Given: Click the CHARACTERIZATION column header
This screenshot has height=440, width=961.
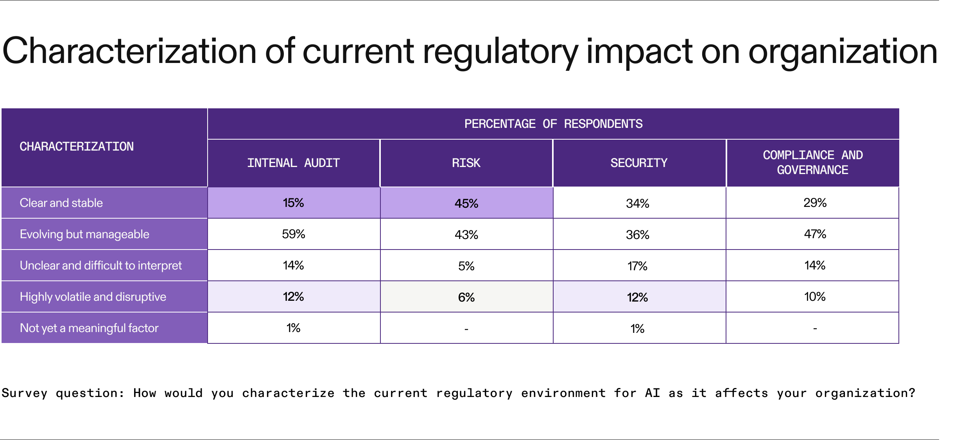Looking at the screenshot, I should point(77,147).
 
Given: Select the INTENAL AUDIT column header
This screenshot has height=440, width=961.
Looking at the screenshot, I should point(293,163).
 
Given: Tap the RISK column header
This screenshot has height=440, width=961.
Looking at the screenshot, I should point(466,163).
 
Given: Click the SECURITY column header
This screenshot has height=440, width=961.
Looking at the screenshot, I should point(639,163).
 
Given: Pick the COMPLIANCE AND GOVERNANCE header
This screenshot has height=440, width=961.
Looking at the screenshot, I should point(812,162).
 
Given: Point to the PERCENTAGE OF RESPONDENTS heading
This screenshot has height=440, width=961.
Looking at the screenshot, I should point(553,124).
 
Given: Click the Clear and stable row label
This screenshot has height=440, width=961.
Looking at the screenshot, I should point(61,203).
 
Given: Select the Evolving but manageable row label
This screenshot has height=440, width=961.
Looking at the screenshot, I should point(84,234).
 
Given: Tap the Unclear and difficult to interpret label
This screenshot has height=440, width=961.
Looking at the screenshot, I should point(100,266).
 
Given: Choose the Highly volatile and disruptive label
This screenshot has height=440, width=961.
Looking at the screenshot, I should point(93,297).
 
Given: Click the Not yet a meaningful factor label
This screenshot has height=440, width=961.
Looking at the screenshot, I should point(89,328).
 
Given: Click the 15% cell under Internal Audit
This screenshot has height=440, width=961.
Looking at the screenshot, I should point(293,203).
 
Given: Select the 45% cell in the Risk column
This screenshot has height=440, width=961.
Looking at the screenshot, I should point(466,203).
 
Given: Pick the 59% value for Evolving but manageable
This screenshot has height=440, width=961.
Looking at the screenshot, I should point(293,234).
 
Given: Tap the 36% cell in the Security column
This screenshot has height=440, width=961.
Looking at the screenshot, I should point(637,235).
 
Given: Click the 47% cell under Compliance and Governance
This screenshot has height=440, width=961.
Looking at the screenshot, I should point(815,234).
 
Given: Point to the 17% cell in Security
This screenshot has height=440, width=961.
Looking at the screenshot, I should point(637,266).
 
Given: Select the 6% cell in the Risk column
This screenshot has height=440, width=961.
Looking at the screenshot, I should point(466,297).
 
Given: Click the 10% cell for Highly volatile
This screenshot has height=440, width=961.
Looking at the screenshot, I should point(815,297).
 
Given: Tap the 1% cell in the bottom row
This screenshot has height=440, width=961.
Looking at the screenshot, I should point(637,329).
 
